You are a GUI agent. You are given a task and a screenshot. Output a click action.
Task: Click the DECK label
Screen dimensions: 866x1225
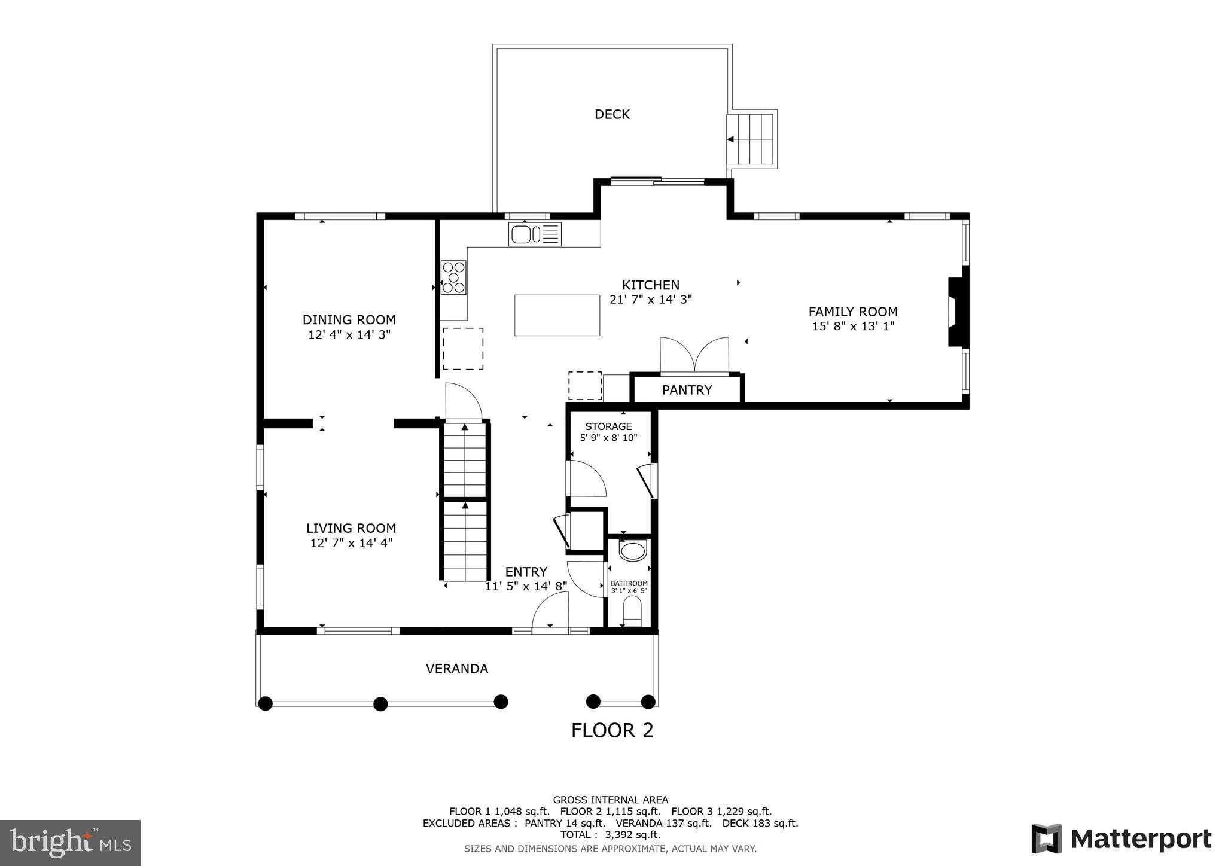(612, 114)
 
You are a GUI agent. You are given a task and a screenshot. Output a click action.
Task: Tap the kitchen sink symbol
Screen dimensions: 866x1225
(535, 234)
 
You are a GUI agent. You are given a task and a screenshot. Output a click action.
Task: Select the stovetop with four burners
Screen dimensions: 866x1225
(453, 278)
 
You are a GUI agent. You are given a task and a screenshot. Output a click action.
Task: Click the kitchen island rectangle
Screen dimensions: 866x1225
(557, 315)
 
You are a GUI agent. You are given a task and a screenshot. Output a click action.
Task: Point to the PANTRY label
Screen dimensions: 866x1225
(687, 390)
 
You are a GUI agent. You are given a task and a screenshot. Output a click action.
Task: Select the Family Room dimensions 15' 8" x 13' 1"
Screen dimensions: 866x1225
(853, 326)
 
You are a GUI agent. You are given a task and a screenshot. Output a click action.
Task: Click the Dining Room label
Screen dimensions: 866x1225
(349, 319)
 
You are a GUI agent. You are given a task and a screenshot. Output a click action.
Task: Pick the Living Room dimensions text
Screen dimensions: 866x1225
(351, 543)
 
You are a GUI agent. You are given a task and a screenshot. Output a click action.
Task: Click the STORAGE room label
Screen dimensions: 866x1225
(608, 426)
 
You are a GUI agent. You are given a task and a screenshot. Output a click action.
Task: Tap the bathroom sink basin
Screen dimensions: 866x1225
(632, 551)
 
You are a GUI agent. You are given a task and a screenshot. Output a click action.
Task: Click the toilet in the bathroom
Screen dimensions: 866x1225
(632, 614)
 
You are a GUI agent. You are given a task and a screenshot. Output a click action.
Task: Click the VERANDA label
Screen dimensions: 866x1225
(457, 669)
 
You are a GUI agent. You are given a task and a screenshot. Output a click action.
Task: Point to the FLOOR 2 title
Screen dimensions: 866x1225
(612, 730)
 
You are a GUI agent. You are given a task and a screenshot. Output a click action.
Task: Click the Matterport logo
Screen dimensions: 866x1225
(1121, 838)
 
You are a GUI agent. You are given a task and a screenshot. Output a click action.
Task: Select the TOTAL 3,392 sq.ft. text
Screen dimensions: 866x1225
(610, 834)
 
